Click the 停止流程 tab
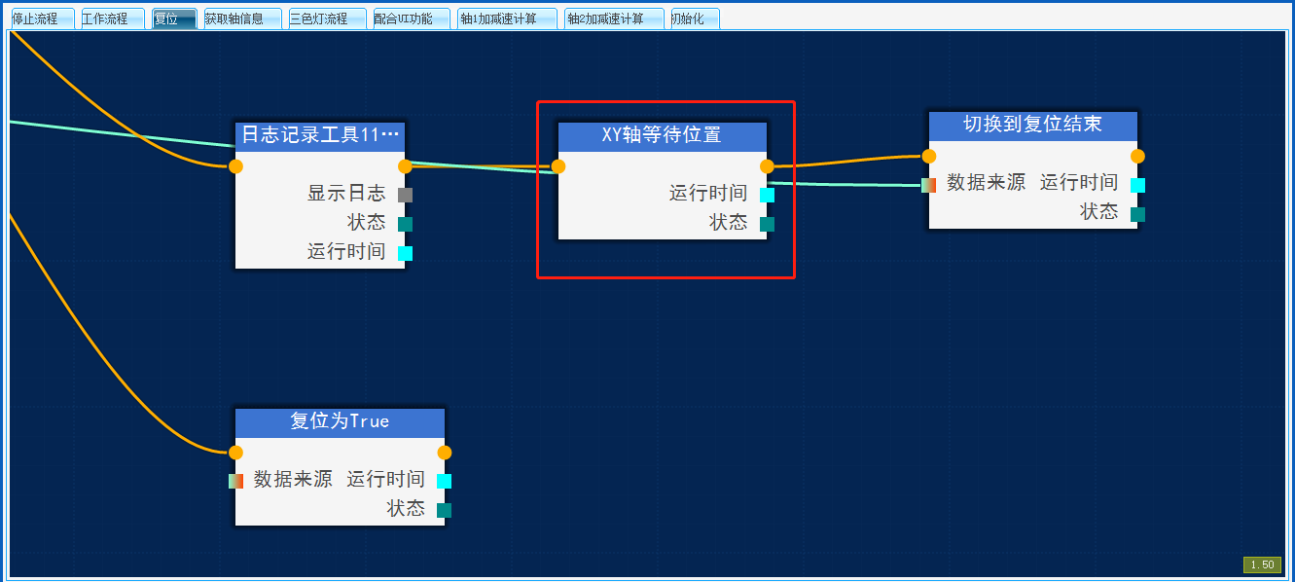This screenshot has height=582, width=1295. point(35,18)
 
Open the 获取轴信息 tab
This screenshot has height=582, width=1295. point(234,18)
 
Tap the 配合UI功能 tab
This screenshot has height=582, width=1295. point(404,18)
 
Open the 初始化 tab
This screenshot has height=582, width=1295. point(688,18)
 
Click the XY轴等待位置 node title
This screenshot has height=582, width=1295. point(662,135)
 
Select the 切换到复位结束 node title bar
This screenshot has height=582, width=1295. point(1032,125)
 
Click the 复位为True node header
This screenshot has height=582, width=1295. point(340,421)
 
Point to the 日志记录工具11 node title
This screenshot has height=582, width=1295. point(320,135)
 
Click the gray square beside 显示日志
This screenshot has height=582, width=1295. point(406,195)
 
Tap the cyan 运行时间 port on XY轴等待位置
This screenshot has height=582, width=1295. point(767,195)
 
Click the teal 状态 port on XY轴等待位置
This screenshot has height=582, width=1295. point(767,224)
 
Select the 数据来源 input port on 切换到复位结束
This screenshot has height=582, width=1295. point(928,185)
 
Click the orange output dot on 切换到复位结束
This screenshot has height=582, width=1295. point(1137,156)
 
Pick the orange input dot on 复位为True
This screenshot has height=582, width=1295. point(235,452)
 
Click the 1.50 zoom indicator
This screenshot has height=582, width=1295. point(1262,564)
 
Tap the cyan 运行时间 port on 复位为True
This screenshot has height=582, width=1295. point(444,481)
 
